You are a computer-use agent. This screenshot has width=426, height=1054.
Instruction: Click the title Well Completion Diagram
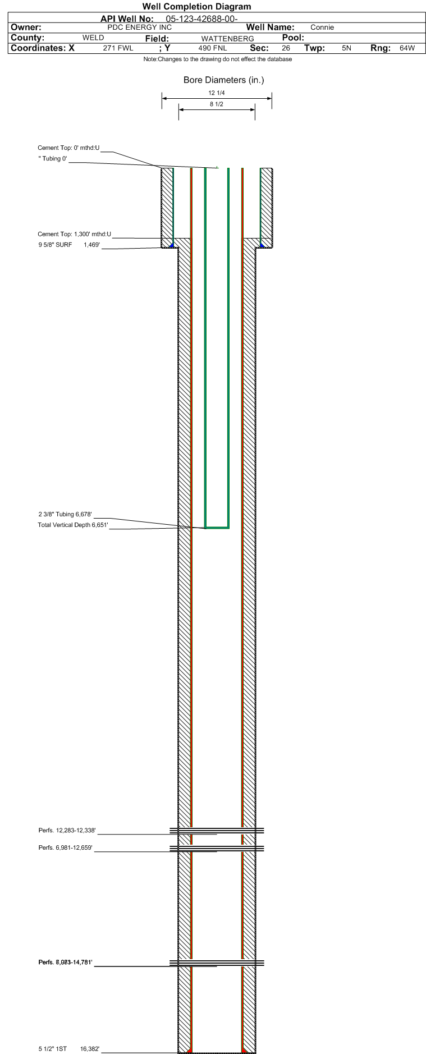coord(196,7)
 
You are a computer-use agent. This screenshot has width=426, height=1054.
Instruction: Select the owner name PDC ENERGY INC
coord(139,28)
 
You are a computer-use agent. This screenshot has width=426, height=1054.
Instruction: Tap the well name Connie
coord(322,28)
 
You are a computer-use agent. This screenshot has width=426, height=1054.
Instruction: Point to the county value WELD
coord(93,38)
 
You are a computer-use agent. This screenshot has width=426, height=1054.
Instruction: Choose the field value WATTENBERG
coord(227,39)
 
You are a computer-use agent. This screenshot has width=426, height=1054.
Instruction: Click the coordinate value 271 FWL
coord(118,48)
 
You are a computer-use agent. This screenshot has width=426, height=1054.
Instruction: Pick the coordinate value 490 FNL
coord(213,48)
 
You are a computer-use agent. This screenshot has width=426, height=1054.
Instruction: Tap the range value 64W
coord(407,48)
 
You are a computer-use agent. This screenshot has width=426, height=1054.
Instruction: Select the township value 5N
coord(346,48)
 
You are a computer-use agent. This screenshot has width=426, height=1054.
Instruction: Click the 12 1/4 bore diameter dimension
coord(217,93)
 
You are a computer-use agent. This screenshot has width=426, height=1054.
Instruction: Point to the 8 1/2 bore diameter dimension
coord(217,104)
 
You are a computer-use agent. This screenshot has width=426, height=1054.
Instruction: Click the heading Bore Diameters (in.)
coord(223,80)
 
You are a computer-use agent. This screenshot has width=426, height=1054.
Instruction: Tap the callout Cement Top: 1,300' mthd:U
coord(74,235)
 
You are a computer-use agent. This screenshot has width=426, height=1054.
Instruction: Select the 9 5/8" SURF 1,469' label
coord(69,245)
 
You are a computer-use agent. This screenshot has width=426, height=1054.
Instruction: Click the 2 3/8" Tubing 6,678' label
coord(65,515)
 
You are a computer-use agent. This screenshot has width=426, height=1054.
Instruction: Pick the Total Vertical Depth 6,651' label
coord(72,525)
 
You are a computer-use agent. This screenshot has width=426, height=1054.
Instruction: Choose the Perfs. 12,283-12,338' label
coord(67,831)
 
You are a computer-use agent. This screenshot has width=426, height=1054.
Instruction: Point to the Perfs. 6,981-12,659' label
coord(65,848)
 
